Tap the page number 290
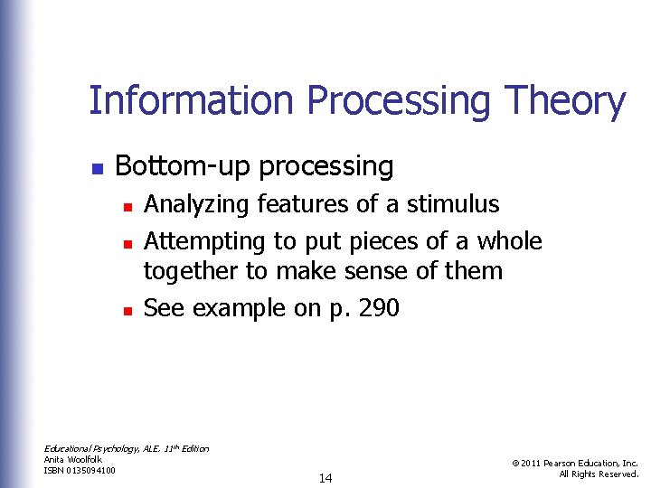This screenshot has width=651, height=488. (x=378, y=308)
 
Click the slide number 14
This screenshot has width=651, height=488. (x=325, y=478)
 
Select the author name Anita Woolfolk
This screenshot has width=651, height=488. (x=73, y=460)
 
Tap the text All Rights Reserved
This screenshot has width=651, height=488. (x=599, y=474)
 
